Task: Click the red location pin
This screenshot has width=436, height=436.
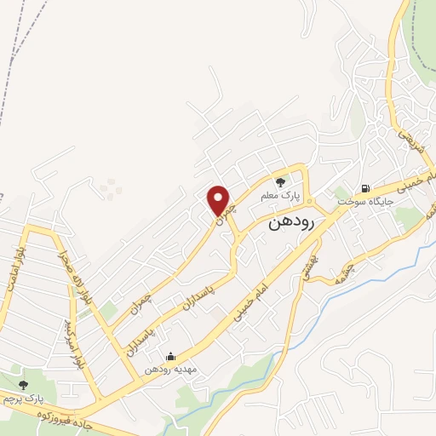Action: (221, 201)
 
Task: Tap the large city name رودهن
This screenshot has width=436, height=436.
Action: (292, 223)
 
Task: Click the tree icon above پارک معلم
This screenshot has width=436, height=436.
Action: (280, 181)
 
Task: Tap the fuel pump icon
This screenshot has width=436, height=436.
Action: (365, 188)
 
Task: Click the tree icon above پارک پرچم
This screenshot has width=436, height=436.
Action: (23, 385)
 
